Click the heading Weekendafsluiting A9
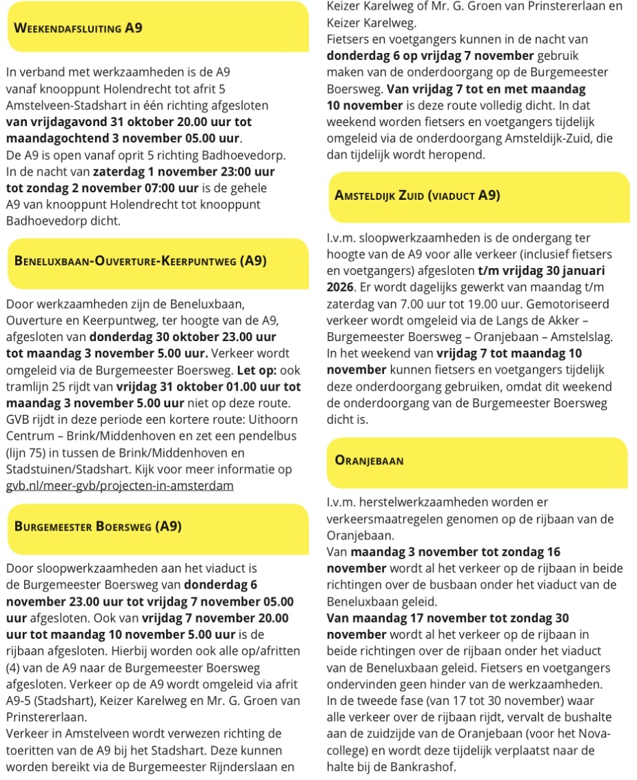click(79, 29)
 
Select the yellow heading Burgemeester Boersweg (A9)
click(98, 527)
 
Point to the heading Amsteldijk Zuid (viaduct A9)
click(417, 195)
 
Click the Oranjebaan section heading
click(370, 460)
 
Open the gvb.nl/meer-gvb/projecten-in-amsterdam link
click(119, 486)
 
